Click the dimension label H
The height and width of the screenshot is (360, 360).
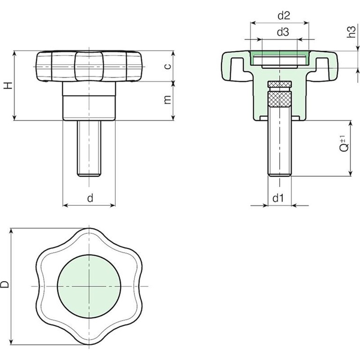point(8,85)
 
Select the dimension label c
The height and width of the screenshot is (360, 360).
point(168,67)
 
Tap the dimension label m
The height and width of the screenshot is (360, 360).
point(168,99)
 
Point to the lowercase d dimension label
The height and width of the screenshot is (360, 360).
point(90,198)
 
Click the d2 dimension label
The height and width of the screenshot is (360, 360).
point(284,15)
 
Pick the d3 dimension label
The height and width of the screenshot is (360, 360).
point(283,32)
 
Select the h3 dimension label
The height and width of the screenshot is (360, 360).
point(351,31)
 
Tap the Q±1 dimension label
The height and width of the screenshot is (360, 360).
point(344,144)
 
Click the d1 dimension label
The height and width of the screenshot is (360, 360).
point(278,198)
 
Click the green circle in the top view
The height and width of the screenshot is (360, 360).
point(89,286)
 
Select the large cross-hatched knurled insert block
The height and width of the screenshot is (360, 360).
point(280,99)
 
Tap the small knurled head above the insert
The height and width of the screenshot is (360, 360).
point(280,84)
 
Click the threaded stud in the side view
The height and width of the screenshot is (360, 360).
point(89,149)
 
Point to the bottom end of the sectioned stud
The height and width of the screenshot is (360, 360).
point(280,176)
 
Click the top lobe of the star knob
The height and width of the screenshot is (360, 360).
point(89,236)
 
